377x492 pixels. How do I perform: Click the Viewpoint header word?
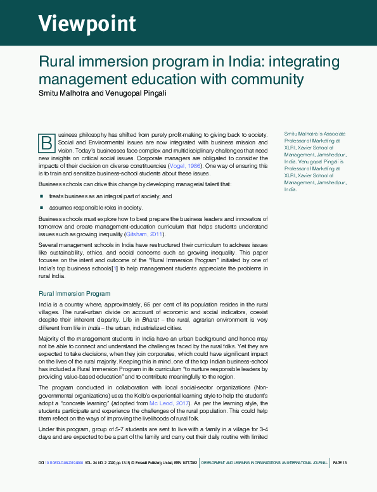(87, 23)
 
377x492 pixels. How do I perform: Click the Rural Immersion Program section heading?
(75, 294)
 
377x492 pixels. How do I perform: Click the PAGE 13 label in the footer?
(340, 463)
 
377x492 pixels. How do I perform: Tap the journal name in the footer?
(264, 463)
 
